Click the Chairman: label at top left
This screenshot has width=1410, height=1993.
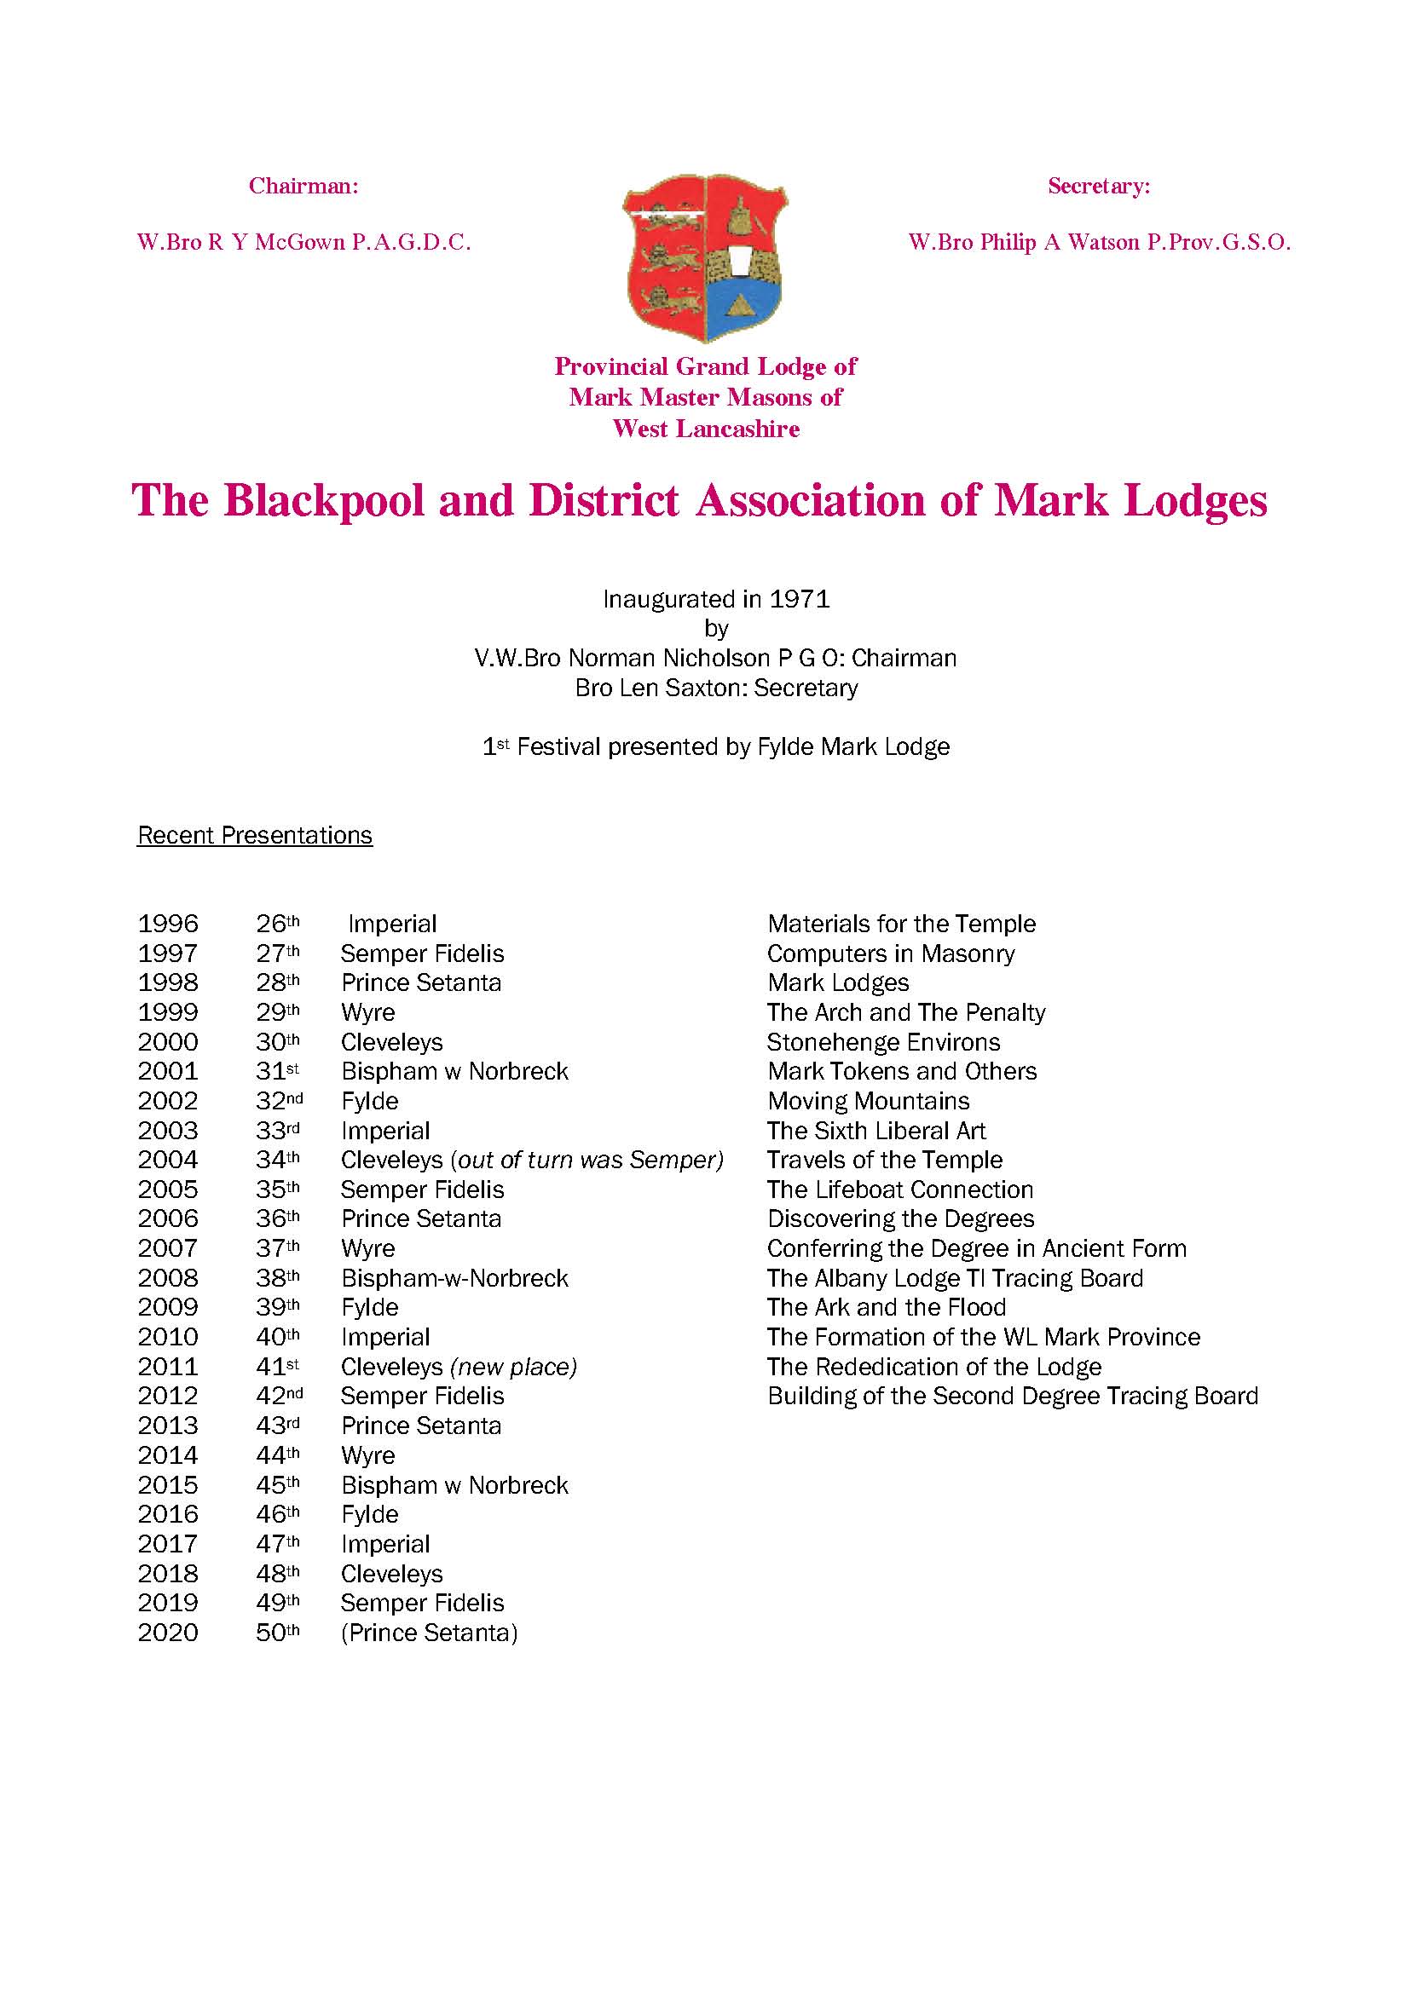click(303, 186)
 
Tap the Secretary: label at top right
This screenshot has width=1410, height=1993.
click(1098, 186)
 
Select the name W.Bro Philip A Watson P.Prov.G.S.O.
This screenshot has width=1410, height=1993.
click(1099, 243)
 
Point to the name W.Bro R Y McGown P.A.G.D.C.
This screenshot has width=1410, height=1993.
click(303, 243)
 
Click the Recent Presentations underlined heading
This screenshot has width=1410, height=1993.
click(254, 835)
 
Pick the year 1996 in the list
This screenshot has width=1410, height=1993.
click(168, 924)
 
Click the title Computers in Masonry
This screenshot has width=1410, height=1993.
click(890, 953)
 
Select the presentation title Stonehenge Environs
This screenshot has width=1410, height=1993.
click(883, 1041)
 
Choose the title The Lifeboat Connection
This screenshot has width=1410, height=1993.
click(899, 1189)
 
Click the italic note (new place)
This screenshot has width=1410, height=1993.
click(513, 1367)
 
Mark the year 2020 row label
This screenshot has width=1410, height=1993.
click(168, 1633)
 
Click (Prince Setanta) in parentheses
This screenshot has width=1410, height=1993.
click(429, 1633)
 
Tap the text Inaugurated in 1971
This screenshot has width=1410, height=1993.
click(716, 599)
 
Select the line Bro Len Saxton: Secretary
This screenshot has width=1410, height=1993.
click(716, 688)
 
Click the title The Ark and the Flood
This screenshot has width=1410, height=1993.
click(886, 1307)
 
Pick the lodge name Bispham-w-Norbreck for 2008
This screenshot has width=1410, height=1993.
click(454, 1278)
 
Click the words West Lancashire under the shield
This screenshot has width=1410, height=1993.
click(705, 429)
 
